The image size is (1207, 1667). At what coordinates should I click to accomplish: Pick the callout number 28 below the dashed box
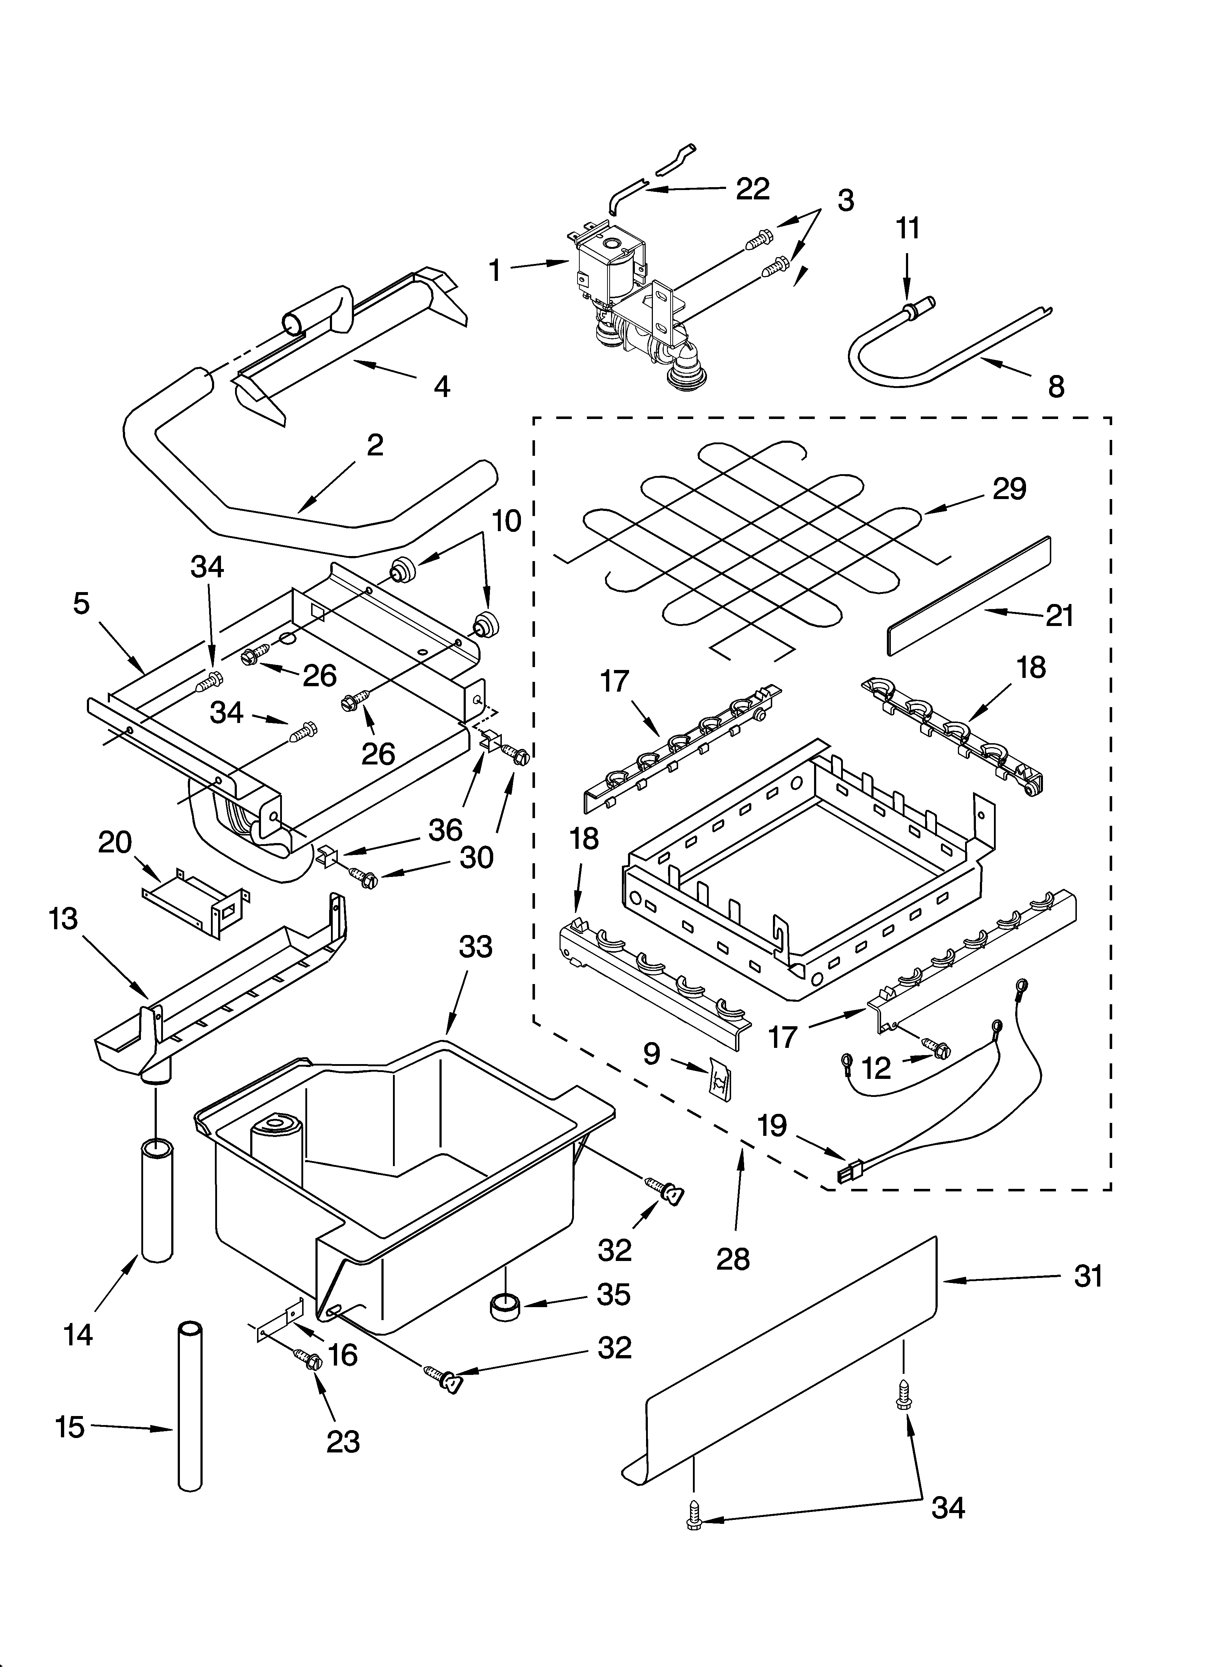[x=733, y=1259]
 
